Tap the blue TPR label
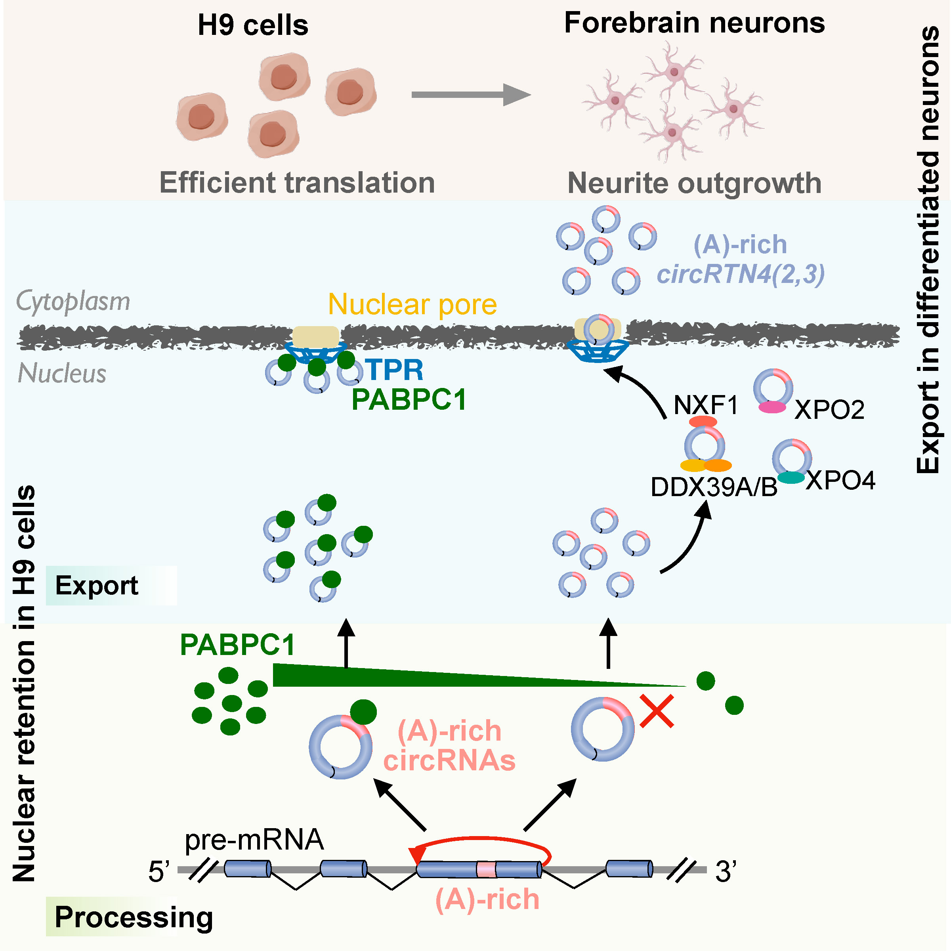(394, 370)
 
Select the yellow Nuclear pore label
(412, 305)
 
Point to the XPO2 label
(829, 410)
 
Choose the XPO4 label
(841, 480)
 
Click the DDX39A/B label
(714, 487)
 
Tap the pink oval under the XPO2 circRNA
(772, 407)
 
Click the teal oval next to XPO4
(791, 477)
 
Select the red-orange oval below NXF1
(703, 421)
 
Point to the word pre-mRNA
(254, 839)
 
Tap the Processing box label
(134, 917)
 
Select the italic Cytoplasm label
(73, 301)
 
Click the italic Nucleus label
(62, 374)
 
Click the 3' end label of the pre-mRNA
(726, 871)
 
